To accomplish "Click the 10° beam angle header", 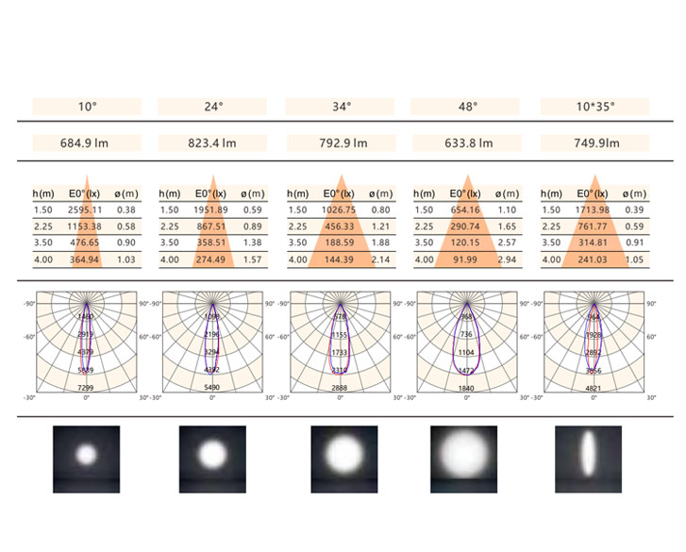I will pyautogui.click(x=87, y=107).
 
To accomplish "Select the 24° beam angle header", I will pyautogui.click(x=213, y=107).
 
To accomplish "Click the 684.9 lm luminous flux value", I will pyautogui.click(x=87, y=144).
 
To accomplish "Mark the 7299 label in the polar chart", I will pyautogui.click(x=86, y=388).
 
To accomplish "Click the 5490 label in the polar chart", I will pyautogui.click(x=212, y=388).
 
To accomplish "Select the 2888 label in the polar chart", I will pyautogui.click(x=339, y=388).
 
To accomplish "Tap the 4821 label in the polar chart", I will pyautogui.click(x=593, y=388).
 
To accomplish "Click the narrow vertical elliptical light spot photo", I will pyautogui.click(x=588, y=459).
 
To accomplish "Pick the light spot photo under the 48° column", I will pyautogui.click(x=463, y=459).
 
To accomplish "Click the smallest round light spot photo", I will pyautogui.click(x=87, y=457).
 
